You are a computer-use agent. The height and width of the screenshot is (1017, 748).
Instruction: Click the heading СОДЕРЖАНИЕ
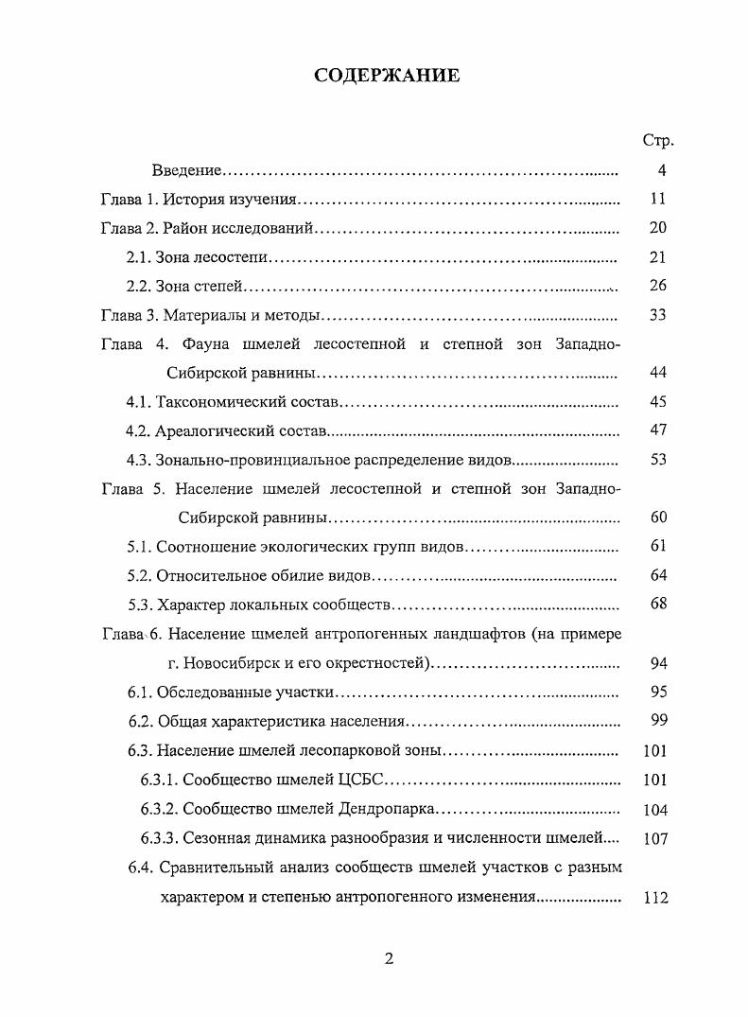388,76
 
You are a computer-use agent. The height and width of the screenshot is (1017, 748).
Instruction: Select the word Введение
186,170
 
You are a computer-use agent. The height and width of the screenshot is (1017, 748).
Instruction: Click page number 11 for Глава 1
659,200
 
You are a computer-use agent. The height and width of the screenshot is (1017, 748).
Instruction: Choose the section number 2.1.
139,257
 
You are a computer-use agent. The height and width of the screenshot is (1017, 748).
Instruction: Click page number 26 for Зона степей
659,286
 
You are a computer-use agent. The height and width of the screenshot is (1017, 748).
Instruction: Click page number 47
659,430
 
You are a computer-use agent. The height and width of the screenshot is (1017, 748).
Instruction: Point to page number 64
659,575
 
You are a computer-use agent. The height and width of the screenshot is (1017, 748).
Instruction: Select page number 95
659,692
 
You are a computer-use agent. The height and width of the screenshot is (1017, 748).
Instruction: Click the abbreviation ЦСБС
363,780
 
